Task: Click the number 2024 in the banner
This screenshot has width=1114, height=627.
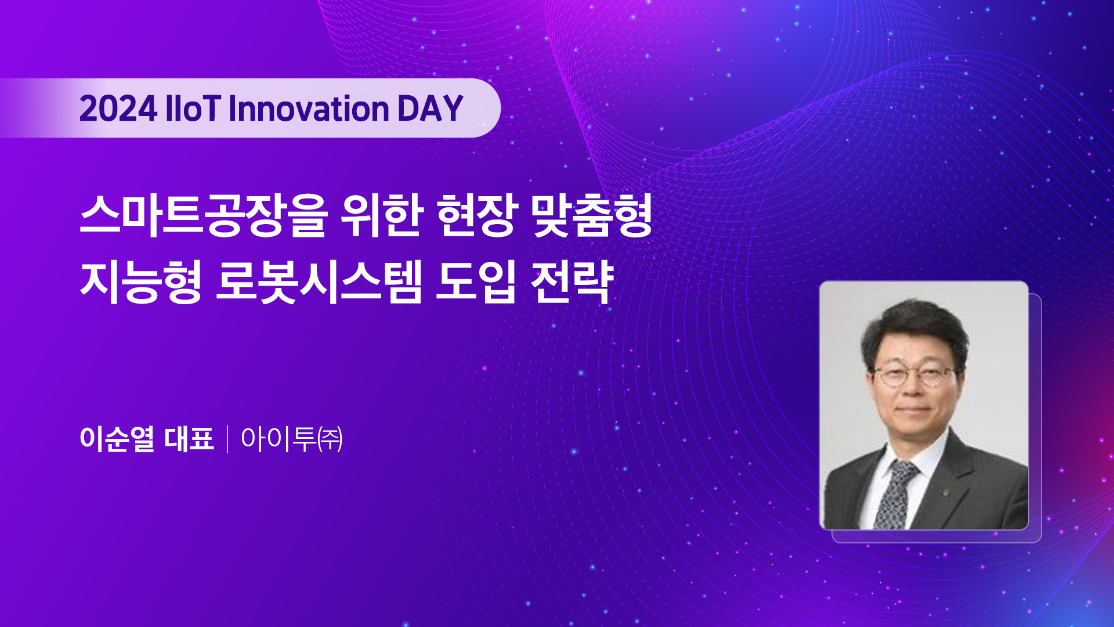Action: pos(118,109)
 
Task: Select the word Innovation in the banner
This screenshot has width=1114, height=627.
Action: pos(309,109)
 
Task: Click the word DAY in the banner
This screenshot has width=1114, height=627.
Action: pos(430,109)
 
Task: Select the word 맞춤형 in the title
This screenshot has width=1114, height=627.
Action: pos(592,215)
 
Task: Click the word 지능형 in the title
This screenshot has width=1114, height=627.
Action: pos(141,282)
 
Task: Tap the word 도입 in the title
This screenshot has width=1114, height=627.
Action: pos(476,282)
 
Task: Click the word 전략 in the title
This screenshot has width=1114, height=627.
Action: pos(572,282)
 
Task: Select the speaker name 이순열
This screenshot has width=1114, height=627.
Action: pos(117,438)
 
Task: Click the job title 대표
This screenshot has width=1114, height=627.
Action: pos(190,438)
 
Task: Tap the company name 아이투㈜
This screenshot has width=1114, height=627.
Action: pos(292,438)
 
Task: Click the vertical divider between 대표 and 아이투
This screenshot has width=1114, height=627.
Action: pos(227,439)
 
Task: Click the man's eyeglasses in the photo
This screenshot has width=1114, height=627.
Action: pos(914,376)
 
